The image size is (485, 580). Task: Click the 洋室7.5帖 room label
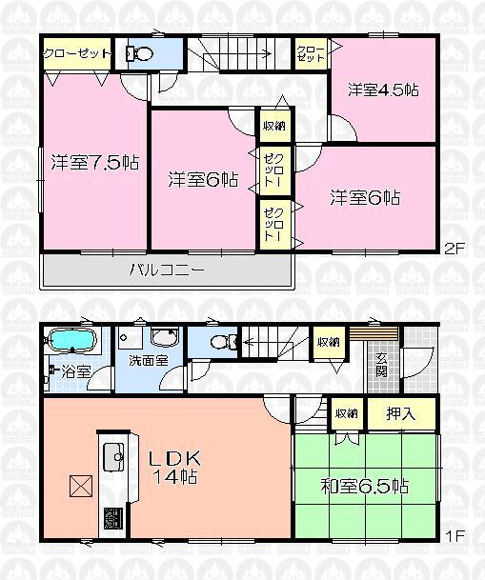(95, 162)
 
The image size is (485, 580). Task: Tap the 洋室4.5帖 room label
(383, 91)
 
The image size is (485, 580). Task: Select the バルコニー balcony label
(167, 270)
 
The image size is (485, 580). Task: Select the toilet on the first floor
(218, 342)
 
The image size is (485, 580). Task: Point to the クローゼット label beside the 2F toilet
(77, 54)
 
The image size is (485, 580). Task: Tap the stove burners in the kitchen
(112, 519)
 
